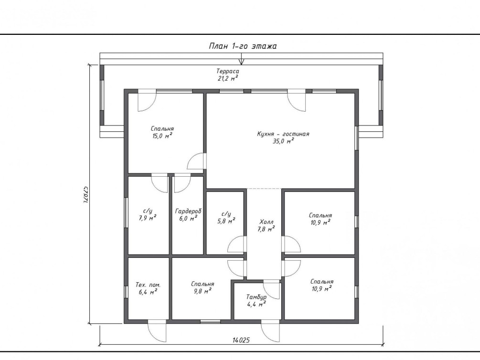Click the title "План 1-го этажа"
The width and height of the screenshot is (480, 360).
pos(243,46)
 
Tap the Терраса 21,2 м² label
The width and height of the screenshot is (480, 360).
pos(228,74)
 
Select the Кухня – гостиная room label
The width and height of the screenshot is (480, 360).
pos(283,134)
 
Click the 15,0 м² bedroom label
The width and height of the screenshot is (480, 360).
pos(162,132)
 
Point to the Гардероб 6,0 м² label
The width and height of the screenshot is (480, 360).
pos(188,215)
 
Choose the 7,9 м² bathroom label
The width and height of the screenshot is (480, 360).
pos(148,214)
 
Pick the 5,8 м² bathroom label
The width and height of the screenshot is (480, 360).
pos(226,218)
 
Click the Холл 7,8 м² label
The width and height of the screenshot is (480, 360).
pos(267,225)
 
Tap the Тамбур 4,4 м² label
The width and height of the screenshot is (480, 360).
pos(256,301)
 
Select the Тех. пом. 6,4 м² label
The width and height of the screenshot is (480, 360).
pos(148,288)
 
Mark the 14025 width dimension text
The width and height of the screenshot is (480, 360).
pos(241,340)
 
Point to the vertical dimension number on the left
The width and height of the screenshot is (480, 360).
pos(86,194)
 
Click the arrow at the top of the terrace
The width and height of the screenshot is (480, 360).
pos(242,59)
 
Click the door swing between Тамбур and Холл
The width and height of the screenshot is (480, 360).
pos(272,290)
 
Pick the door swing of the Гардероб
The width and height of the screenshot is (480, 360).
pos(182,184)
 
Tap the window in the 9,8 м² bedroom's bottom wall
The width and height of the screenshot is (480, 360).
pos(210,321)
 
